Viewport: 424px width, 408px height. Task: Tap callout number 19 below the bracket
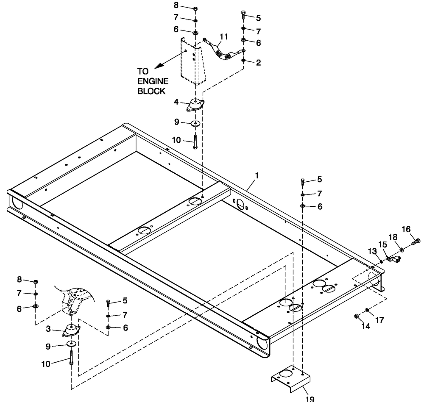tap(310, 400)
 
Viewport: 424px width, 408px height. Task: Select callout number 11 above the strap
tap(223, 37)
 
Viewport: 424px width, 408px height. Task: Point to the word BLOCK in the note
tap(151, 91)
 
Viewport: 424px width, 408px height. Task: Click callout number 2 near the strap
tap(259, 62)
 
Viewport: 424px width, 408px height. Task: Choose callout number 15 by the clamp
tap(382, 244)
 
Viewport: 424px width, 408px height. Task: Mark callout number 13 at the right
tap(372, 252)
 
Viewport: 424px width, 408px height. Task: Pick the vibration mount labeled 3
tap(71, 330)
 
